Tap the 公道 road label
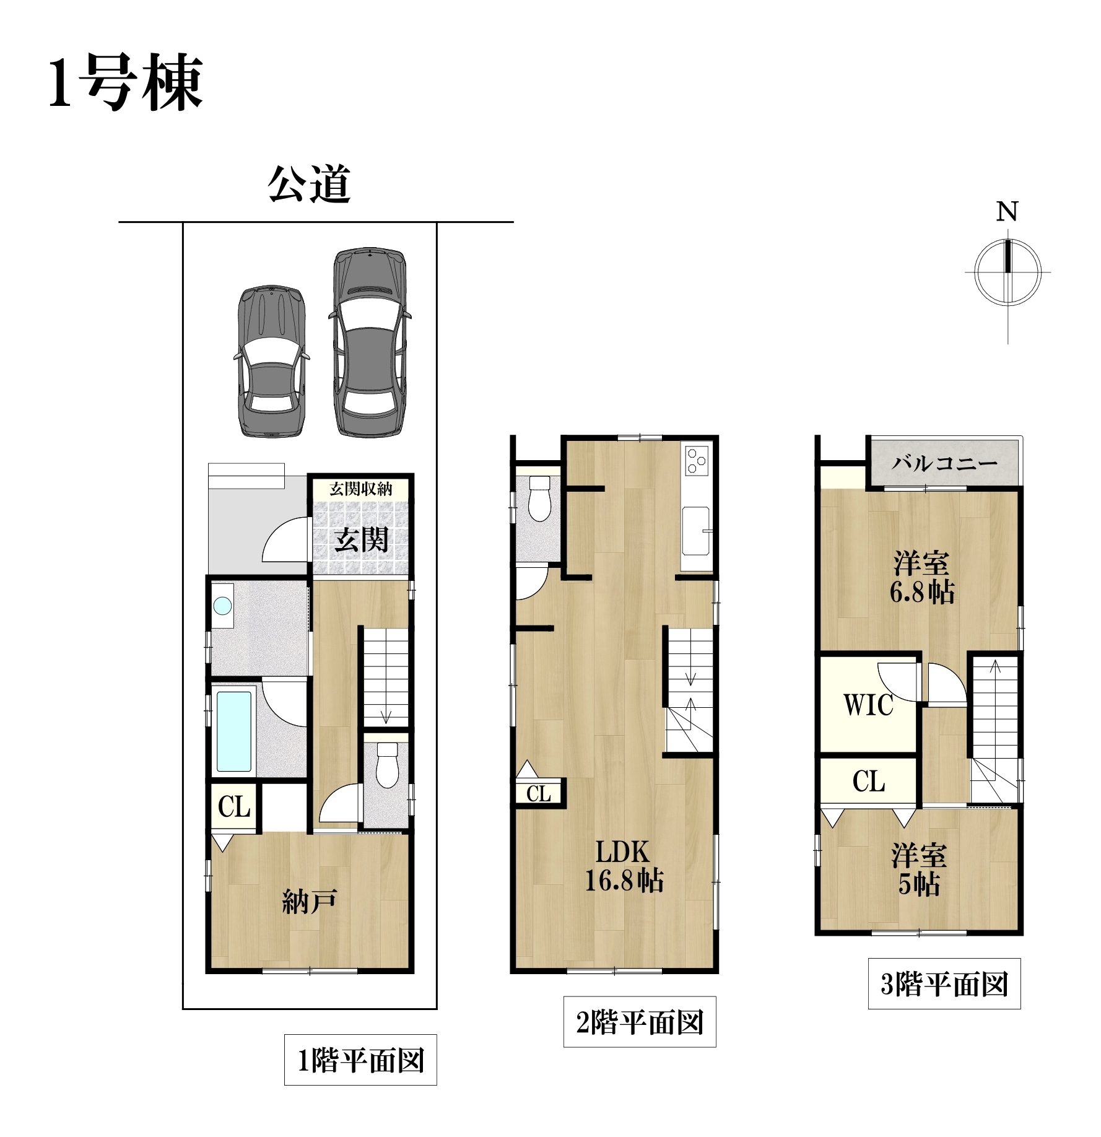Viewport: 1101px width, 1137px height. pyautogui.click(x=309, y=184)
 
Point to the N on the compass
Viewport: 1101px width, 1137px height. pyautogui.click(x=1007, y=212)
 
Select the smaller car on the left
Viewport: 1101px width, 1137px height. pyautogui.click(x=271, y=362)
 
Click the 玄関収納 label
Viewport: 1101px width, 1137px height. pyautogui.click(x=361, y=489)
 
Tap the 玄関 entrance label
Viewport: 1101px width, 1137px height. pyautogui.click(x=362, y=539)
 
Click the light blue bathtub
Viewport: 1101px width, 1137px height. pyautogui.click(x=234, y=731)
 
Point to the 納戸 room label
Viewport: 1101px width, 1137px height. pyautogui.click(x=309, y=902)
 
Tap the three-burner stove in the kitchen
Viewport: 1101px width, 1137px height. pyautogui.click(x=697, y=460)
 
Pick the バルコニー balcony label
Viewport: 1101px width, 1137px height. pyautogui.click(x=944, y=463)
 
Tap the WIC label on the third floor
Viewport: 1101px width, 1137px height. pyautogui.click(x=868, y=705)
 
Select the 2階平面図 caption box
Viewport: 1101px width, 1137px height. pyautogui.click(x=640, y=1022)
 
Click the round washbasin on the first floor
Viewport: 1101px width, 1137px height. pyautogui.click(x=222, y=605)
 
